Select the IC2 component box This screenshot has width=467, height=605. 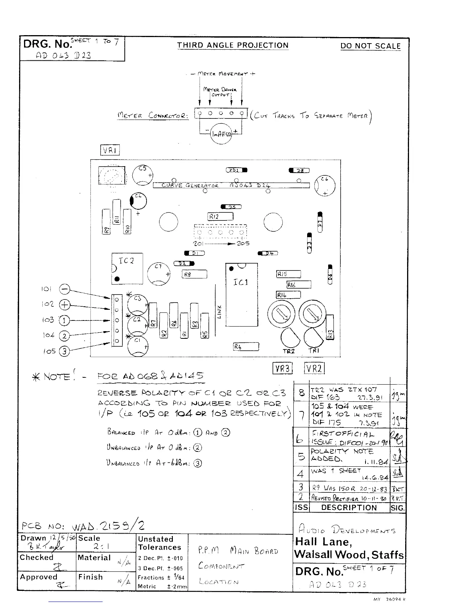click(127, 269)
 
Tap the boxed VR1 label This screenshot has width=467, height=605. click(110, 150)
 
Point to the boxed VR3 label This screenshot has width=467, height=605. click(282, 369)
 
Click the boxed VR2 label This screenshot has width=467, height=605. click(314, 369)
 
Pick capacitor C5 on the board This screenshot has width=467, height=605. click(143, 175)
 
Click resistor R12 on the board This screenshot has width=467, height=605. click(221, 217)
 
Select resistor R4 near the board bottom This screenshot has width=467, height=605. click(246, 347)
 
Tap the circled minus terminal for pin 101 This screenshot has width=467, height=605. click(65, 290)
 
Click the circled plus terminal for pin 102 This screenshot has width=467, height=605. click(65, 305)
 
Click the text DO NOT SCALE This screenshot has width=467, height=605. click(370, 46)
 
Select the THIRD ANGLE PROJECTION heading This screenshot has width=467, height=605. click(233, 45)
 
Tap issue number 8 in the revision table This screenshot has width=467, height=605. click(302, 393)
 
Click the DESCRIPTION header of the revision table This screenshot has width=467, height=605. click(349, 508)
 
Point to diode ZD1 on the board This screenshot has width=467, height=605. click(237, 170)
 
